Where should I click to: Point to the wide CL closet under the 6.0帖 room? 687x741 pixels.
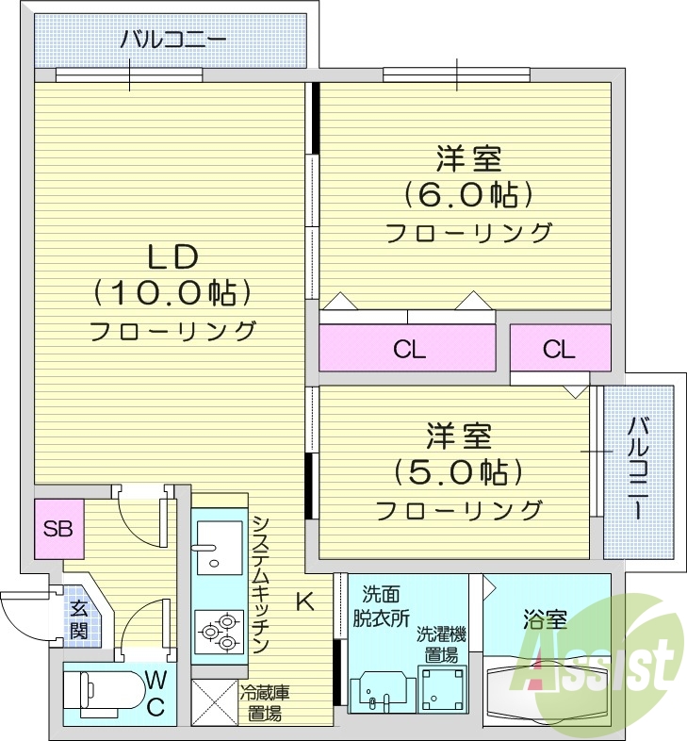[x=408, y=350]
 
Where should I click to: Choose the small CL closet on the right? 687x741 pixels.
[x=559, y=349]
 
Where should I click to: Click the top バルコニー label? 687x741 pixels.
[x=172, y=41]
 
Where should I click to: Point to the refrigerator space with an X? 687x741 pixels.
[x=214, y=702]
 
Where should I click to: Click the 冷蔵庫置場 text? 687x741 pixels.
[x=263, y=703]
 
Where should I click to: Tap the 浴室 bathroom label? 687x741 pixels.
[x=545, y=619]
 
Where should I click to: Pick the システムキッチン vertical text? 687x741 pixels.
[x=261, y=585]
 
